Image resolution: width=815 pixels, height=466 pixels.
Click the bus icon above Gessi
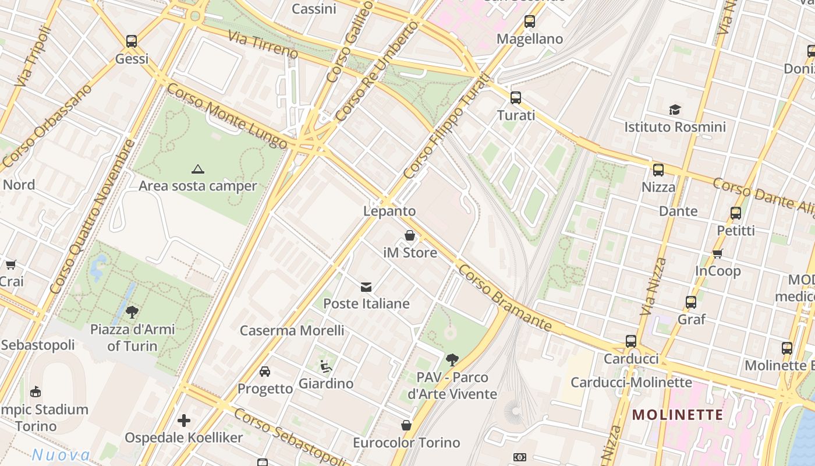pos(132,41)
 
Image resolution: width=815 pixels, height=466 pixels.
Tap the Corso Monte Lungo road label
pos(227,116)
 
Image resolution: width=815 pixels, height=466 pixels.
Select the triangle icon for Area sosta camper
pos(198,170)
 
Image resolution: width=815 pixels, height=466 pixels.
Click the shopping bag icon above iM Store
pos(410,236)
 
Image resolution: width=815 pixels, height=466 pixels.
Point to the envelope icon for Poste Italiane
pos(366,287)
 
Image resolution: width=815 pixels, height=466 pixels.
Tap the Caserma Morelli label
pos(292,330)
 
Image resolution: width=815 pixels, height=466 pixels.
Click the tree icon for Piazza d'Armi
pos(132,312)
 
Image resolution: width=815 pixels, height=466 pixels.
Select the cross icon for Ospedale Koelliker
pos(184,421)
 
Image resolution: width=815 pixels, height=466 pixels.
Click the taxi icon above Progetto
pos(265,372)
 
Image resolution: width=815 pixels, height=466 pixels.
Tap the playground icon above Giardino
pos(326,366)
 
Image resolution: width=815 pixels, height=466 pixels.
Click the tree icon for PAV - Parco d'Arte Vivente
pos(452,360)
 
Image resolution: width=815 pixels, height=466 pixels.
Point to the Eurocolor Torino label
pos(406,443)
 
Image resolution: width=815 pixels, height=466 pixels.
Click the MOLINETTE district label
pos(678,415)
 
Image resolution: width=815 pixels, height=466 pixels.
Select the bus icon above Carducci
pos(631,341)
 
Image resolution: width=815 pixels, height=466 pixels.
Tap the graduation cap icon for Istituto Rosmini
pos(675,110)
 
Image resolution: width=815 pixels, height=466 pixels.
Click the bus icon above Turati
pos(516,98)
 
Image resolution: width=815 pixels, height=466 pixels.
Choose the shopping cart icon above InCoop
pos(718,253)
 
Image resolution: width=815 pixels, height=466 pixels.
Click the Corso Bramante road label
pos(504,297)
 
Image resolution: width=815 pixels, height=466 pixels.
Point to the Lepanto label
pos(389,211)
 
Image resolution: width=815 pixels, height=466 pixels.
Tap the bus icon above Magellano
pos(530,22)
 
